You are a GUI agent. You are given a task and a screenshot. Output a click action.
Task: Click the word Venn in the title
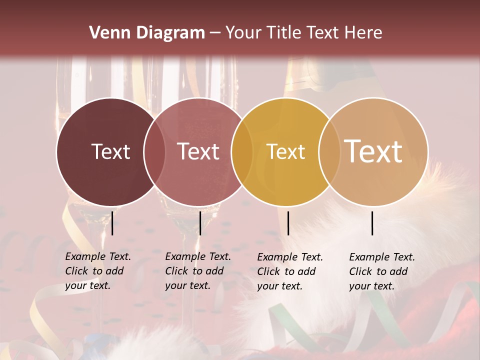pyautogui.click(x=105, y=33)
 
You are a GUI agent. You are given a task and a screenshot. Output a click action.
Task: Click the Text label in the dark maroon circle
pyautogui.click(x=110, y=151)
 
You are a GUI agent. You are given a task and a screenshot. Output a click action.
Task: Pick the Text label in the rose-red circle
pyautogui.click(x=198, y=151)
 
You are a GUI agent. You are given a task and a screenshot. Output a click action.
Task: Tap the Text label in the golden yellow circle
pyautogui.click(x=285, y=151)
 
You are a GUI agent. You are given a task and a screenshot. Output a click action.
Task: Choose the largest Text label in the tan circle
pyautogui.click(x=373, y=151)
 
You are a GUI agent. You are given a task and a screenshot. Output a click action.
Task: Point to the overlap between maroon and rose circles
pyautogui.click(x=154, y=151)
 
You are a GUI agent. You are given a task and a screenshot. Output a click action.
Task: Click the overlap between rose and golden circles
pyautogui.click(x=242, y=151)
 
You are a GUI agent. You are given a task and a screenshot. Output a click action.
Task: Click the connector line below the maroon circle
pyautogui.click(x=112, y=223)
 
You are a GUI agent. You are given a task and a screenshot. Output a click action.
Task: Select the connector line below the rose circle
pyautogui.click(x=200, y=223)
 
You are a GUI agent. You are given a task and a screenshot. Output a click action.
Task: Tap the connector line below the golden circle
pyautogui.click(x=288, y=223)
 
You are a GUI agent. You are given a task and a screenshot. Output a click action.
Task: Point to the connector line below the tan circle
pyautogui.click(x=372, y=223)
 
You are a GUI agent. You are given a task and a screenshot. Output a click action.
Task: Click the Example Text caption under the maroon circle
pyautogui.click(x=98, y=271)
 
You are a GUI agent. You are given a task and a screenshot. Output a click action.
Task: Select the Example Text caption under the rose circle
pyautogui.click(x=198, y=271)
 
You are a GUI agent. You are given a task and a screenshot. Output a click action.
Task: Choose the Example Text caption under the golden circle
pyautogui.click(x=290, y=271)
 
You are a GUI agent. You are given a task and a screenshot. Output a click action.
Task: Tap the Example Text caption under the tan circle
pyautogui.click(x=382, y=271)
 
